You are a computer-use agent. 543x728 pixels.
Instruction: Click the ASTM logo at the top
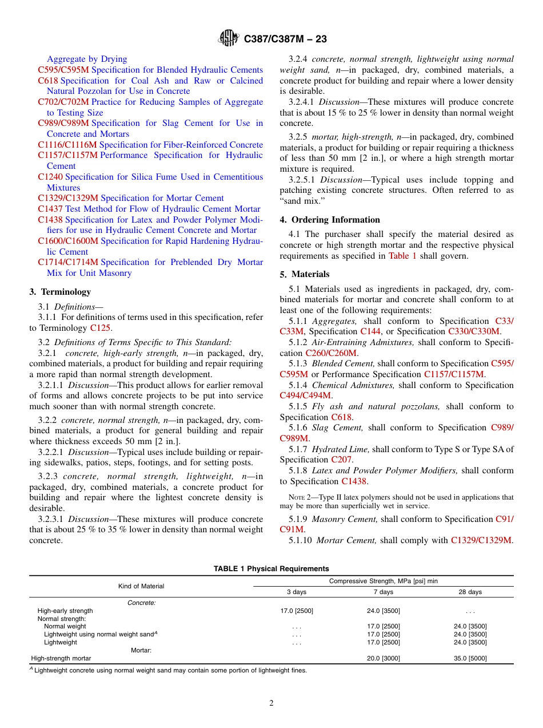(x=229, y=39)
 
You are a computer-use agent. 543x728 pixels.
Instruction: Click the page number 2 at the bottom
(x=271, y=703)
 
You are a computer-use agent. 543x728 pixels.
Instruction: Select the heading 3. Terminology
(x=60, y=292)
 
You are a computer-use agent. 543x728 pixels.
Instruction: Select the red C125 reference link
(x=101, y=328)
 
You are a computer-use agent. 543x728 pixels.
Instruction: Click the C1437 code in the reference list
(x=50, y=209)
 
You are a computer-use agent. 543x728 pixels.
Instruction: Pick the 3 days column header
(x=296, y=592)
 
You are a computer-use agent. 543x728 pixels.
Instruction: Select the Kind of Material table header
(x=141, y=586)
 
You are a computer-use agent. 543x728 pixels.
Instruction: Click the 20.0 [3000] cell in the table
(x=383, y=658)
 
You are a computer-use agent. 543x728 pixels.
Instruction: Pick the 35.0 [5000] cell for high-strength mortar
(x=470, y=658)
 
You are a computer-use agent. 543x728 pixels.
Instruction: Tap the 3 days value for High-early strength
(x=296, y=611)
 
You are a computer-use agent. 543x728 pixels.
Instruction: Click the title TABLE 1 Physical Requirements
(x=271, y=568)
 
